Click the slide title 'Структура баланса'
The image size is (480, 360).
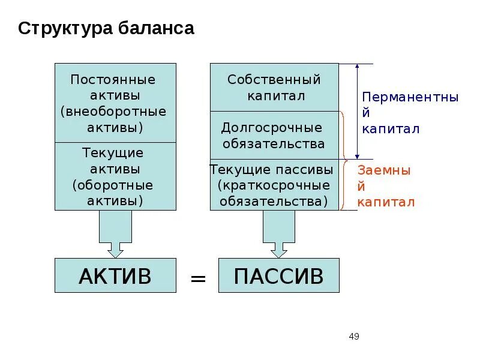click(106, 29)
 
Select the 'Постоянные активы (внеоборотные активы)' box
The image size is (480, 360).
click(115, 103)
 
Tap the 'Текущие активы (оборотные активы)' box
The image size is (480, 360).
click(115, 176)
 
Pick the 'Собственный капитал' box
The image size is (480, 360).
click(274, 88)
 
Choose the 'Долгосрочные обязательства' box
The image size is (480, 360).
click(274, 136)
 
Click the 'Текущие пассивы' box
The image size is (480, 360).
click(274, 185)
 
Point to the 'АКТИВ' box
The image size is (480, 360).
click(115, 275)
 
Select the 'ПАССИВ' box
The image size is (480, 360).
click(278, 275)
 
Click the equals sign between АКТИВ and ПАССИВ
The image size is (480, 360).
click(198, 278)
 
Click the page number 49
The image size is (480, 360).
click(353, 336)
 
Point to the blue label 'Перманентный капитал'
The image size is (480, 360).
click(410, 113)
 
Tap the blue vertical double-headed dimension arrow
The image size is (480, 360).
click(358, 111)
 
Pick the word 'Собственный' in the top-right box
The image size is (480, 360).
click(274, 80)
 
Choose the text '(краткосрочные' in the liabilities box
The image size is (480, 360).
click(274, 185)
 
